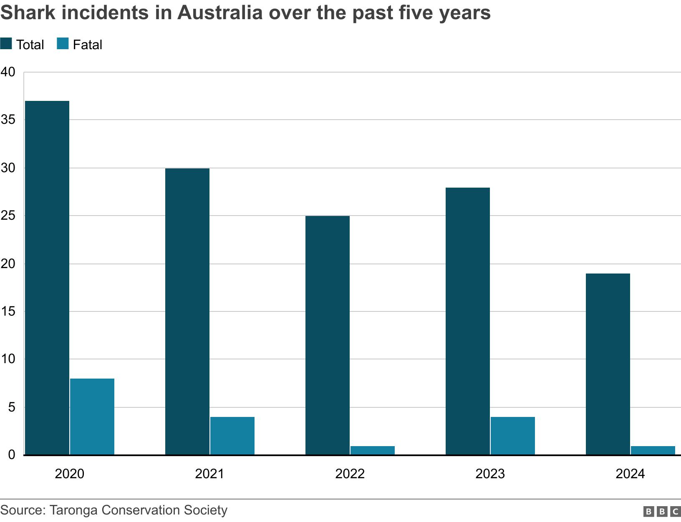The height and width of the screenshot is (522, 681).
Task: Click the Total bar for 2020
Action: [47, 278]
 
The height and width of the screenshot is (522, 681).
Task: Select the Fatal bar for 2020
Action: [92, 417]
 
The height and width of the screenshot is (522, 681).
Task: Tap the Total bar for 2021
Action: [187, 311]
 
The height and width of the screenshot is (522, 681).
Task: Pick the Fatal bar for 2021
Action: [232, 436]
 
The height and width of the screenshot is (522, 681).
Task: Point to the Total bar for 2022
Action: [328, 335]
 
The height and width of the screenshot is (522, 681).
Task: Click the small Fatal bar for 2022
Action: [373, 450]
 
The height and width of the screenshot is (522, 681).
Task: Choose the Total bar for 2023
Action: [468, 321]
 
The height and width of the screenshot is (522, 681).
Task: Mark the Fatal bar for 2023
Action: [513, 436]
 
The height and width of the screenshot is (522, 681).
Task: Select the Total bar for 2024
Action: [608, 364]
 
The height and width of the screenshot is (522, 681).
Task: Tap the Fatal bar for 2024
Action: [653, 450]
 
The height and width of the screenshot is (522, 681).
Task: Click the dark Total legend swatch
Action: [6, 44]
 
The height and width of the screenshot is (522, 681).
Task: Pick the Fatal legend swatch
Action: [63, 44]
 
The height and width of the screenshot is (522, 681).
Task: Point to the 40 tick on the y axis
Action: [8, 72]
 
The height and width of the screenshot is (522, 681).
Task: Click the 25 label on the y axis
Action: [8, 216]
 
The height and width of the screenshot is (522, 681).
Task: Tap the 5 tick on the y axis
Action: [11, 407]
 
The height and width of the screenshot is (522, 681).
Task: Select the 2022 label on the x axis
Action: [350, 474]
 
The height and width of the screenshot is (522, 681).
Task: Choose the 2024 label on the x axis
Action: [630, 474]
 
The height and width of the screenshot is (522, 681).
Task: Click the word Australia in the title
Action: [219, 13]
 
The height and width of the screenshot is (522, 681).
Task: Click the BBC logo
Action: [662, 511]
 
